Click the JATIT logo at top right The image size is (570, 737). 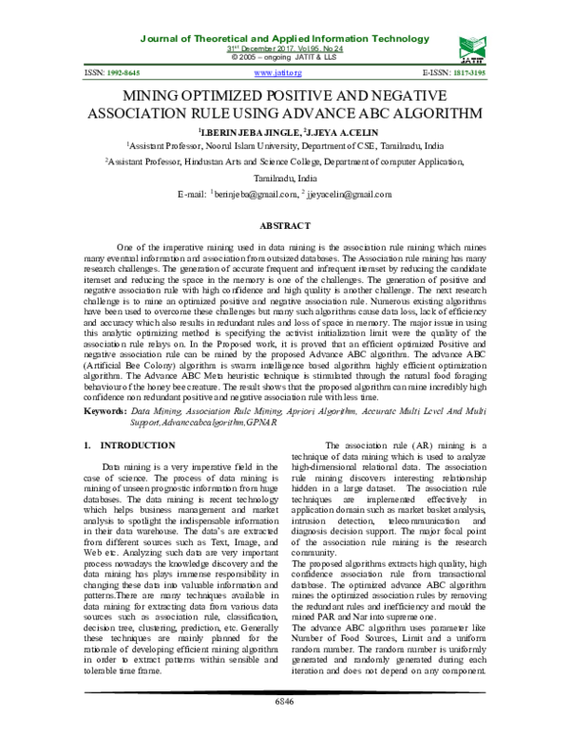coord(473,45)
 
